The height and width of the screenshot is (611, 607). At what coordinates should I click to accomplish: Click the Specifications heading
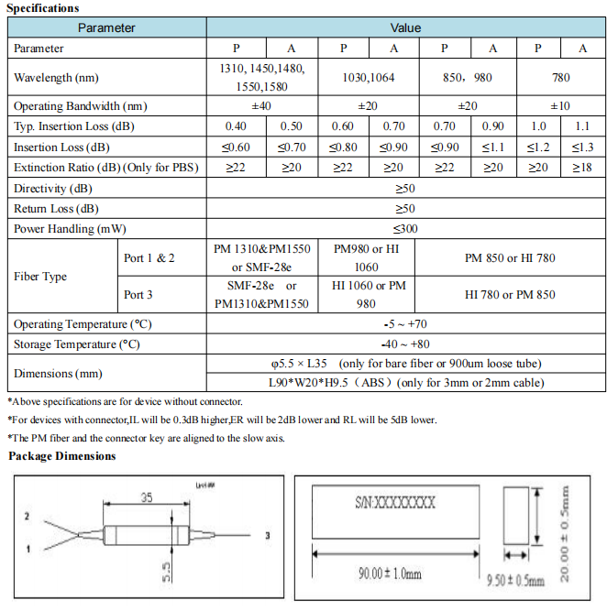[x=42, y=8]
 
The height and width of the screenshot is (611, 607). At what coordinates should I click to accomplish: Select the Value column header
[x=405, y=27]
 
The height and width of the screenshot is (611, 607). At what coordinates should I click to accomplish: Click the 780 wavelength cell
[x=559, y=78]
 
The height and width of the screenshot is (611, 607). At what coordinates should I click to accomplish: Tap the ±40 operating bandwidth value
[x=261, y=106]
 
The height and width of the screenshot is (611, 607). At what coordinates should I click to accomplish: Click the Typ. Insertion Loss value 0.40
[x=236, y=126]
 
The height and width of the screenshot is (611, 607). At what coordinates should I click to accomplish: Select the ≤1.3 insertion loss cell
[x=582, y=147]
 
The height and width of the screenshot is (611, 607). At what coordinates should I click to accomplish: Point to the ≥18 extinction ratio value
[x=582, y=168]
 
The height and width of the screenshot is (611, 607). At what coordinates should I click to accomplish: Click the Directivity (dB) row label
[x=53, y=189]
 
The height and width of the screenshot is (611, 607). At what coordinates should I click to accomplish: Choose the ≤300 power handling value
[x=405, y=228]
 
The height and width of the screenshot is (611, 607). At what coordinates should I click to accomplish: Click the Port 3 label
[x=139, y=295]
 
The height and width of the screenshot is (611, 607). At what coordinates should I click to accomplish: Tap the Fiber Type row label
[x=40, y=277]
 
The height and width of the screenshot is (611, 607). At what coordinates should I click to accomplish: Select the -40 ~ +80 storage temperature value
[x=405, y=344]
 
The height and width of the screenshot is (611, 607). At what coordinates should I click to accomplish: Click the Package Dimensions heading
[x=62, y=456]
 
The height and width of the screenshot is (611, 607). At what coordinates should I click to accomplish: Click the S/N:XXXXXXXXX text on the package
[x=395, y=504]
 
